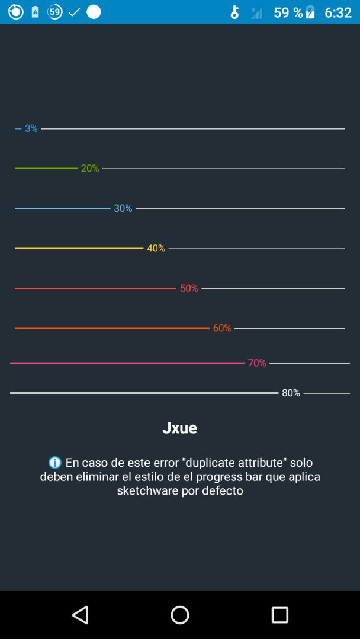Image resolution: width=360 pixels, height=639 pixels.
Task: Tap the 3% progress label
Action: coord(31,128)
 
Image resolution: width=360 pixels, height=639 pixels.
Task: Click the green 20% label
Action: coord(90,169)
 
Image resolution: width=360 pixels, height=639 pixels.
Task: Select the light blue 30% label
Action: coord(123,208)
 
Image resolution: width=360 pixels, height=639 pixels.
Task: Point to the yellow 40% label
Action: coord(156,248)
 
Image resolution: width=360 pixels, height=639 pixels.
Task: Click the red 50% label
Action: coord(189,288)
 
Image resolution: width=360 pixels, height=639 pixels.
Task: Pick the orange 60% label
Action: coord(222,328)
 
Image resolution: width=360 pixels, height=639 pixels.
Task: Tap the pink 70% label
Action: coord(257,363)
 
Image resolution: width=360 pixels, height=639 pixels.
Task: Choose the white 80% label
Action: coord(291,393)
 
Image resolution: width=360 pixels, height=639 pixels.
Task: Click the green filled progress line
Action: coord(46,169)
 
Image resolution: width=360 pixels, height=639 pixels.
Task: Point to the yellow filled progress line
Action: coord(79,248)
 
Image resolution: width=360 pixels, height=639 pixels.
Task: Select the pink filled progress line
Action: coord(127,363)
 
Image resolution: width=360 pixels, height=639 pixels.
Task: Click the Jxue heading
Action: coord(179,428)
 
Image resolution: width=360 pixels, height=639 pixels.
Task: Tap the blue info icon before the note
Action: coord(55,463)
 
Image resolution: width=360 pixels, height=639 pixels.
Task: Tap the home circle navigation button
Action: coord(180,615)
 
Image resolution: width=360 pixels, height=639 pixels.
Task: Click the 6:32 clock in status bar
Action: coord(338,12)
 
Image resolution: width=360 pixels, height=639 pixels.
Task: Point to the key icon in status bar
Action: coord(235,12)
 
